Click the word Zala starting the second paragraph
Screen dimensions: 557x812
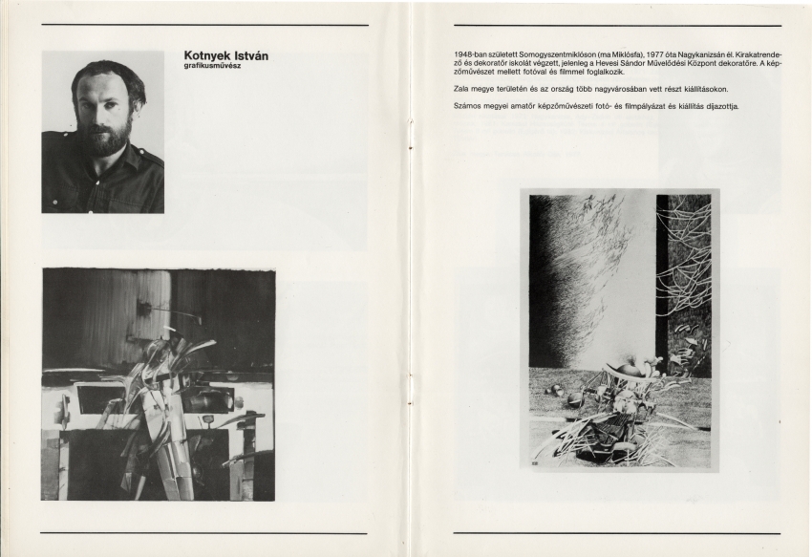462,87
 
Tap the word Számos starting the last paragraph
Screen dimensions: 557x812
467,105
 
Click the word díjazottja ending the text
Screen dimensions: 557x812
719,105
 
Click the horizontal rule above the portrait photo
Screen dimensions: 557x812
204,25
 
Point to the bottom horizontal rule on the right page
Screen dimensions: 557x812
616,533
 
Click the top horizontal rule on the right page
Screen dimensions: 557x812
616,25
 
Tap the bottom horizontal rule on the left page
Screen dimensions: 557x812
203,533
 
